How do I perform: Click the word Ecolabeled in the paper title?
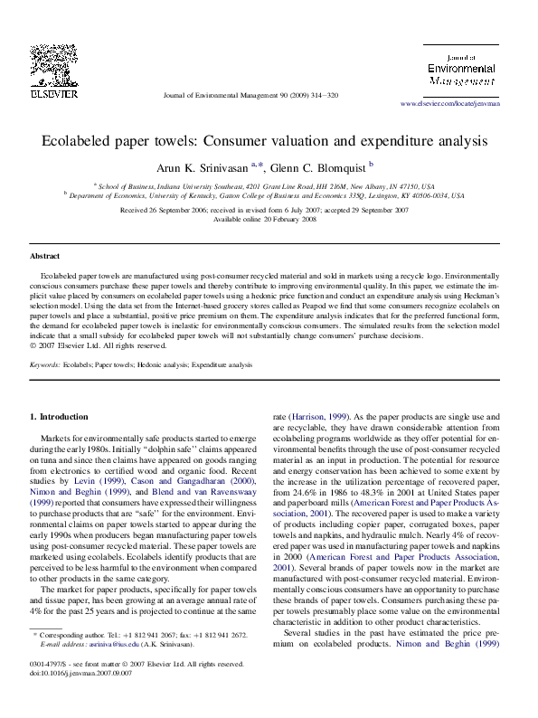click(x=85, y=142)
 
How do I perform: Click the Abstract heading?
click(x=45, y=256)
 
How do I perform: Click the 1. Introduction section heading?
click(x=60, y=417)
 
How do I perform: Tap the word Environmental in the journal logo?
click(x=461, y=68)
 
